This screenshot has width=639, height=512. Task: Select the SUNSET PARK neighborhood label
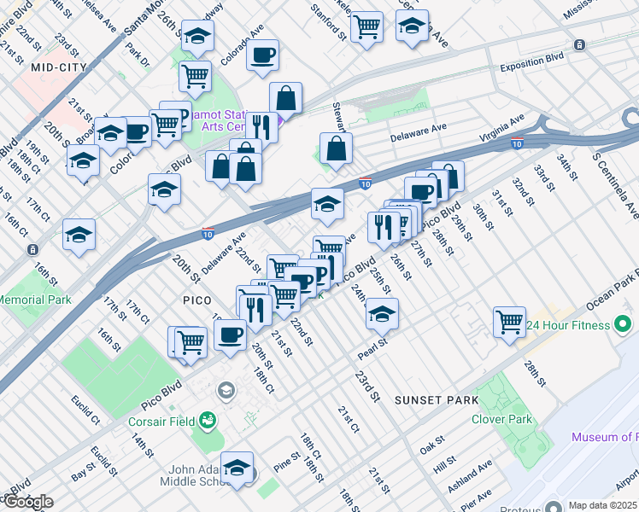click(x=432, y=399)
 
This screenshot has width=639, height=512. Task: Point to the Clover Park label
click(x=501, y=419)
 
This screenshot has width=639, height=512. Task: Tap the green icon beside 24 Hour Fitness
click(x=623, y=325)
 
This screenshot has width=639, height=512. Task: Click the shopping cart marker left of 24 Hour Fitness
click(x=509, y=323)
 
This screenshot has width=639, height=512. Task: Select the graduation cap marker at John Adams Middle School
click(x=237, y=468)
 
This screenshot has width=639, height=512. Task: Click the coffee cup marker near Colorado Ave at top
click(x=261, y=56)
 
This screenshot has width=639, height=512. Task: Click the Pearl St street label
click(x=373, y=348)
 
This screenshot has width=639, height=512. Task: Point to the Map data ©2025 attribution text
click(x=602, y=505)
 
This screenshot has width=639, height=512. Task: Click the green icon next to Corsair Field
click(x=206, y=420)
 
